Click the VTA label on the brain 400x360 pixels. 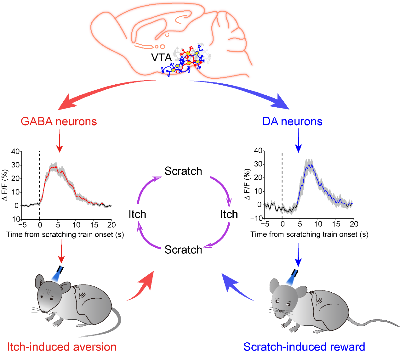pos(161,58)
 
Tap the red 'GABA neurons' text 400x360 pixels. pos(59,121)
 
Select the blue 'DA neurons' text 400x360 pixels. pos(292,121)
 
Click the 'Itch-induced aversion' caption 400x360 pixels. pos(62,347)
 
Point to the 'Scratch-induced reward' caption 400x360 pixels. pos(304,347)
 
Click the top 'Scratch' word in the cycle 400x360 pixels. pos(183,171)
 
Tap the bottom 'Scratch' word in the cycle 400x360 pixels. pos(183,250)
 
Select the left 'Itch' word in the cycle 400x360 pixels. pos(137,214)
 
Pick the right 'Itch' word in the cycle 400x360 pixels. pos(229,214)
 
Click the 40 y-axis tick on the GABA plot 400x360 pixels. pos(15,152)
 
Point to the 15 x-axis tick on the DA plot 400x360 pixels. pos(336,224)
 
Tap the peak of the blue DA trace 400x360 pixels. pos(309,165)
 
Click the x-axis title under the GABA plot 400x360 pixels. pos(65,234)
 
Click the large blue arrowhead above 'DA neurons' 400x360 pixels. pos(282,102)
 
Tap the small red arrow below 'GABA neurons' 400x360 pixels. pos(60,140)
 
